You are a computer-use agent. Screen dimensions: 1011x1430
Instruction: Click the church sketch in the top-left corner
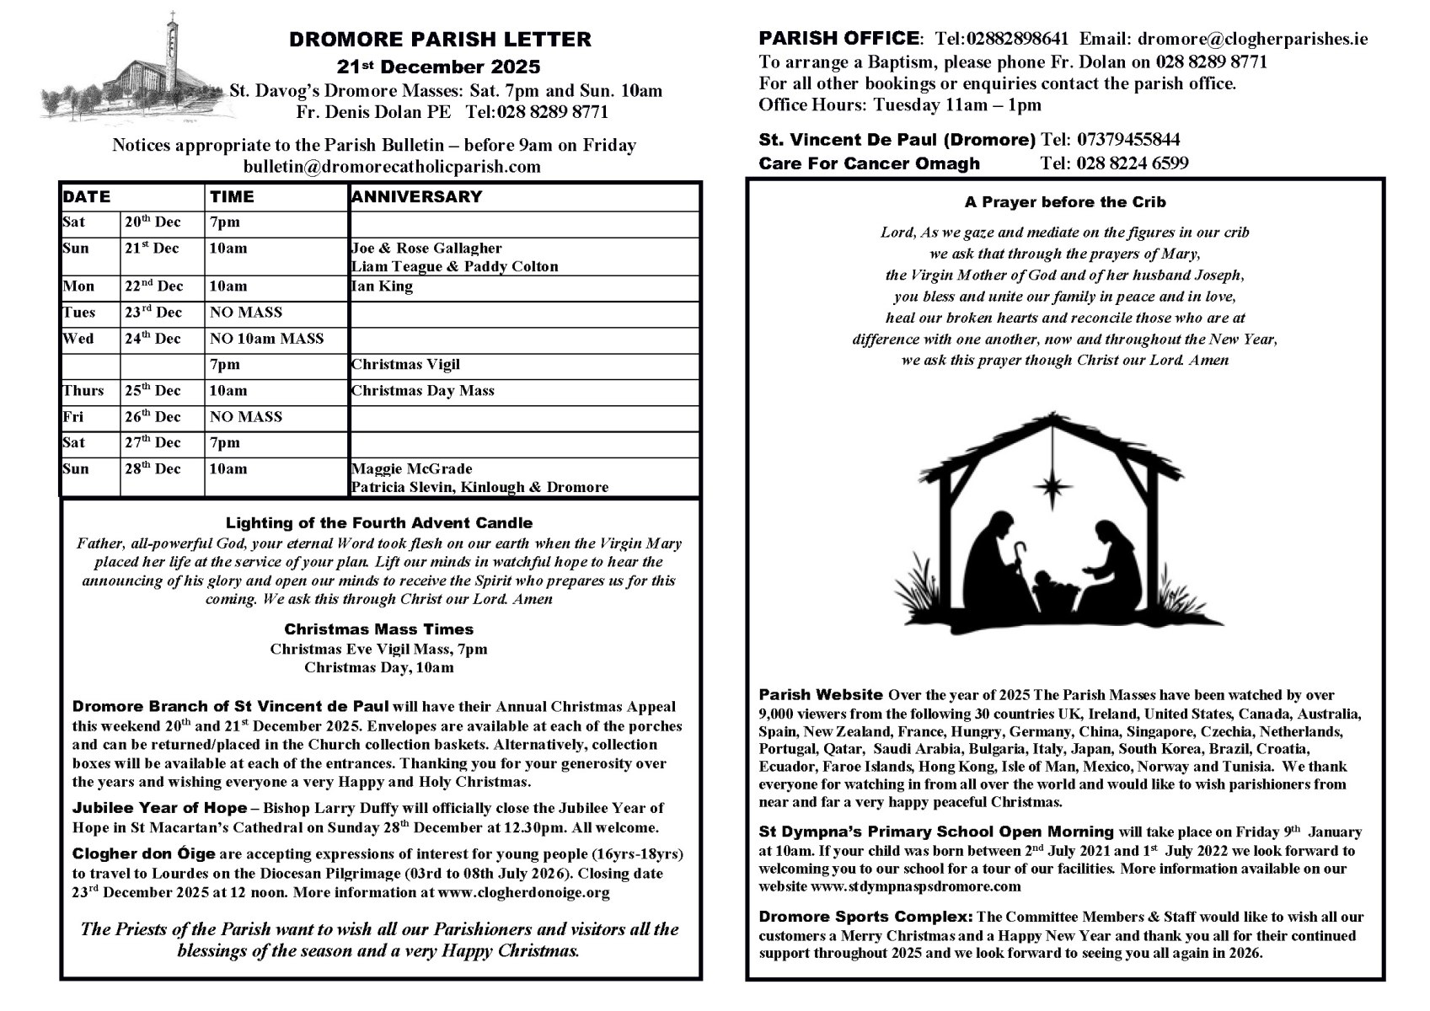tap(135, 72)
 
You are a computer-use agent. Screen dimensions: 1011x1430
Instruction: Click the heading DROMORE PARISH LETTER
tap(440, 40)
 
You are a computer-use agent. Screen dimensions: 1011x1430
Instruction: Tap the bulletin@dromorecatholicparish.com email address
tap(392, 166)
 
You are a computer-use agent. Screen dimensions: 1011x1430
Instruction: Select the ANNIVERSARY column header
tap(416, 197)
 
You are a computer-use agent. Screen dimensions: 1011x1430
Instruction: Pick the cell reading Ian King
tap(382, 286)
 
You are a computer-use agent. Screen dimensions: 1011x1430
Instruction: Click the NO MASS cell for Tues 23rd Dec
tap(245, 313)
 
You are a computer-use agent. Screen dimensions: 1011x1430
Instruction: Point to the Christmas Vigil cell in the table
tap(405, 365)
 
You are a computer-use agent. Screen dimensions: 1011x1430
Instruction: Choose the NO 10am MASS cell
tap(266, 339)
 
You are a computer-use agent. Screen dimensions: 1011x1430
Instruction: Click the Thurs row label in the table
tap(83, 391)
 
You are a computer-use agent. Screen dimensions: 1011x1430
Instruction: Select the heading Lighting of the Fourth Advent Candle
tap(379, 523)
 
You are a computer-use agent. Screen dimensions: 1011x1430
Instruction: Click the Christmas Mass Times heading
tap(378, 629)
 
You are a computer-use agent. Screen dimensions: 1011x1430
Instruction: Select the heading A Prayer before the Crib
tap(1065, 202)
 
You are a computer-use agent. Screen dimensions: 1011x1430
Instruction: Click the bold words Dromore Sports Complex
tap(865, 917)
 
